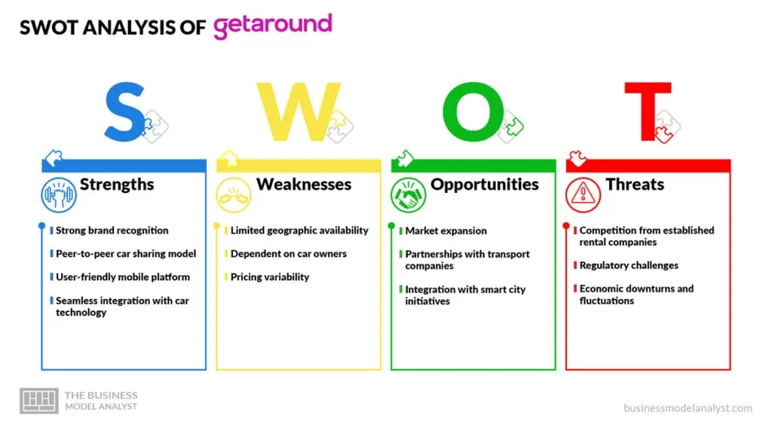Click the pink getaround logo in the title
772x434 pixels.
tap(273, 26)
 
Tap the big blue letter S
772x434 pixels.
tap(124, 112)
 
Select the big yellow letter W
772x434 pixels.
tap(299, 112)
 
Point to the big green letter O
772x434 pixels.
tap(473, 112)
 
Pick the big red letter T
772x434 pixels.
tap(648, 112)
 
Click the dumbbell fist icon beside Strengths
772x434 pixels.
tap(59, 195)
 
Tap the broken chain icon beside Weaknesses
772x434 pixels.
tap(234, 195)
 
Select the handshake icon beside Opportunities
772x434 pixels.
tap(408, 195)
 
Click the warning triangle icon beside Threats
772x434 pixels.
tap(583, 195)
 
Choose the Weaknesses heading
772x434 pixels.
tap(304, 184)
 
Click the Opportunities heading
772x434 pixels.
tap(485, 185)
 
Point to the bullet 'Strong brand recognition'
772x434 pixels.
tap(112, 231)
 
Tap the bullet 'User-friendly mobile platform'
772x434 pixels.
tap(123, 277)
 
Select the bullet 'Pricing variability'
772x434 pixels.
tap(270, 277)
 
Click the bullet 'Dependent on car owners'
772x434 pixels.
tap(289, 254)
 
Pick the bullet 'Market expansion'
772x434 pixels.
tap(446, 231)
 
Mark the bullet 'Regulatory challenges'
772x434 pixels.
tap(629, 265)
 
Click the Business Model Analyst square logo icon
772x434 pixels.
tap(39, 401)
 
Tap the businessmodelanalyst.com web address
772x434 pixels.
tap(688, 408)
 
